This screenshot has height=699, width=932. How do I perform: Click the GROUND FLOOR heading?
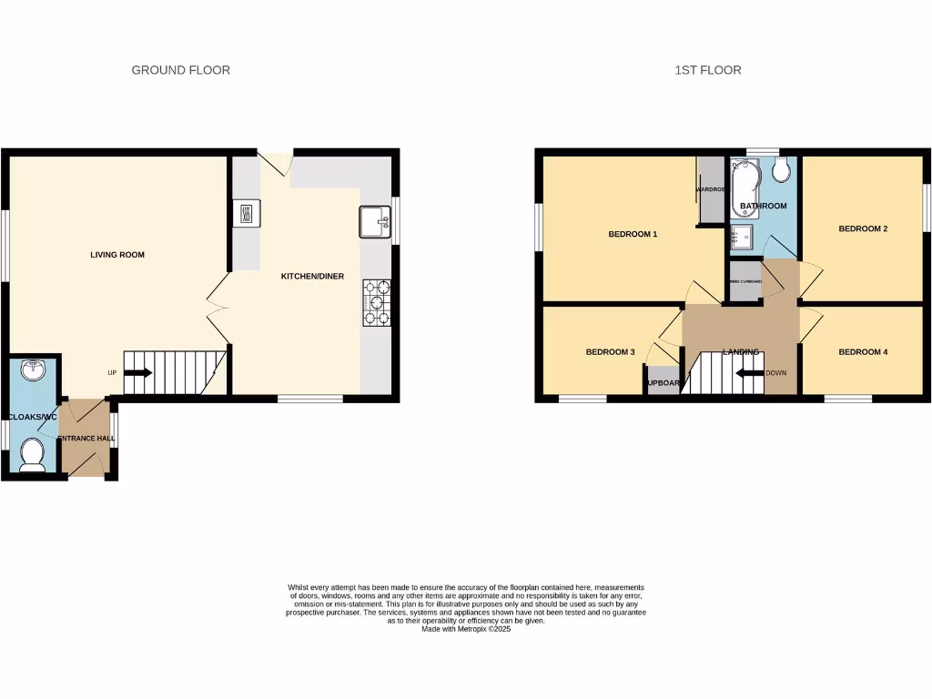click(x=180, y=70)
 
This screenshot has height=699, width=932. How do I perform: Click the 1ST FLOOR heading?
click(x=708, y=70)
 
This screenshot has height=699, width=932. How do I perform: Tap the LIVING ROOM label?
click(x=117, y=255)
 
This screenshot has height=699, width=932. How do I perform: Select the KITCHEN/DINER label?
click(x=312, y=276)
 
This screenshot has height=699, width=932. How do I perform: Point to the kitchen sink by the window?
click(x=374, y=221)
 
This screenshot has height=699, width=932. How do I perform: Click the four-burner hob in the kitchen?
click(x=376, y=302)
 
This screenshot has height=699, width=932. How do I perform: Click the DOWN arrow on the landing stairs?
click(x=750, y=372)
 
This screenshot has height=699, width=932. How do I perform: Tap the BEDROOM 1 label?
click(x=633, y=235)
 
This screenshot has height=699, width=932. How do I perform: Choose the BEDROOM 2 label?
click(x=863, y=228)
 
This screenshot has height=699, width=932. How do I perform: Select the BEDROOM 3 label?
click(x=609, y=352)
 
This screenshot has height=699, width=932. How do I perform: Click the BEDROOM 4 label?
click(x=863, y=352)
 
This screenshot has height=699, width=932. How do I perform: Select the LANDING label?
click(x=740, y=352)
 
